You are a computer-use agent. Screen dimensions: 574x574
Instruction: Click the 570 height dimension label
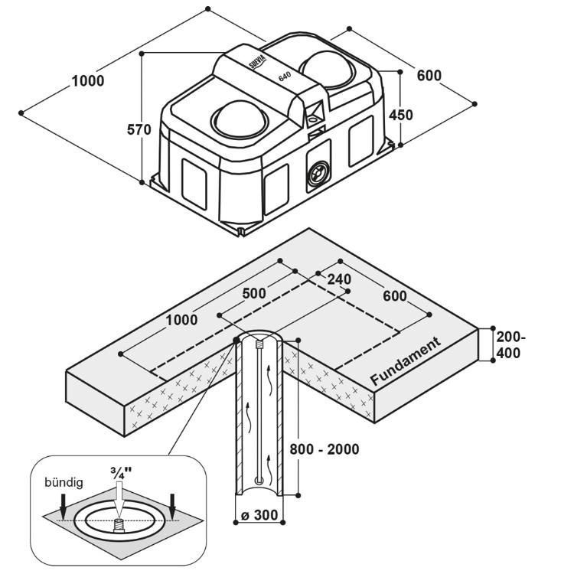coord(139,129)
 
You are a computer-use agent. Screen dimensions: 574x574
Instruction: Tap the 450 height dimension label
coord(401,115)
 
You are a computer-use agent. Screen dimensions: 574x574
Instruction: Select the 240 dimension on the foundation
coord(339,279)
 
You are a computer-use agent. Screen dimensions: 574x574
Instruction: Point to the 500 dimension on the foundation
coord(254,293)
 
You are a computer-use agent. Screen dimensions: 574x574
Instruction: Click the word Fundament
coord(406,361)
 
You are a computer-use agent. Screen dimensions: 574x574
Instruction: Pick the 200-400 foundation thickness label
coord(510,345)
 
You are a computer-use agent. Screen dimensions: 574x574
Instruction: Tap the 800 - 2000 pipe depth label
coord(325,448)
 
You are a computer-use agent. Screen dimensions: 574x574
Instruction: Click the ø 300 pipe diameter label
coord(259,515)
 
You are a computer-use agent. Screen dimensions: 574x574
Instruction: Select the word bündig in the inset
coord(64,482)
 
